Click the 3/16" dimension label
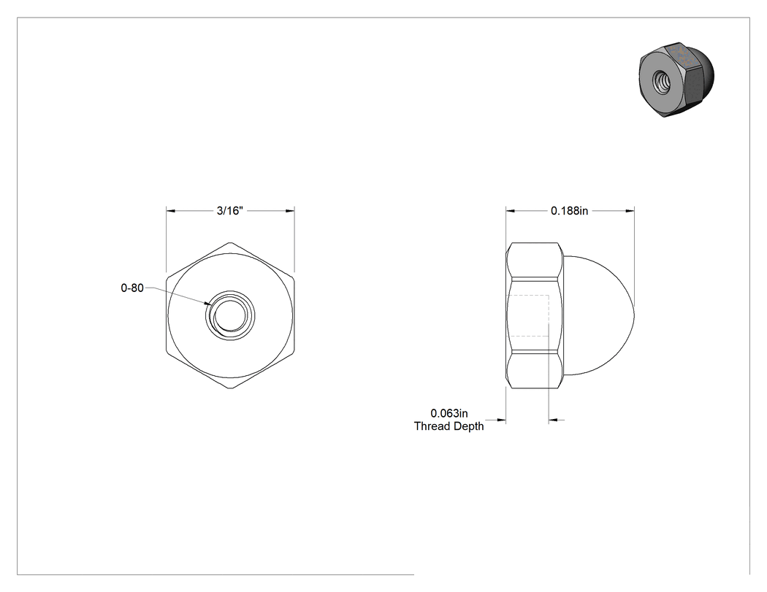230,211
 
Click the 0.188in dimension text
569,211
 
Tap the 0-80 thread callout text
132,288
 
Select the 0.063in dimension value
449,414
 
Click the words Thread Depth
449,426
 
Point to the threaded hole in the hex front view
230,315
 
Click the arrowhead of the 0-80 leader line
208,304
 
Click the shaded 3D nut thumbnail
676,80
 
